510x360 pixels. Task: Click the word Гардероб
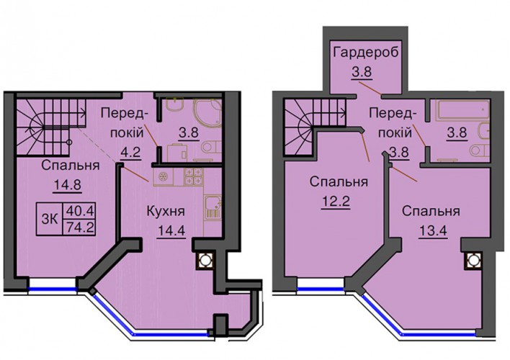366,53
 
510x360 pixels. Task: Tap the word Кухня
166,212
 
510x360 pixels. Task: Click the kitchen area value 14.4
171,231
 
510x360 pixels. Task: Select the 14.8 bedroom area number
67,185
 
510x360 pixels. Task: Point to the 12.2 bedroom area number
336,202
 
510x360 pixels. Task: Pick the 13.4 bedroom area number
433,231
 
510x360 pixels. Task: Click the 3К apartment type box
50,219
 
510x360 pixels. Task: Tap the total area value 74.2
80,228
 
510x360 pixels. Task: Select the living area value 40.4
80,212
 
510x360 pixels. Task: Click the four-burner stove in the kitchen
193,177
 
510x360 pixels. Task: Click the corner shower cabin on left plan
208,111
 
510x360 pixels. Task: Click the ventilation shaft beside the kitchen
205,260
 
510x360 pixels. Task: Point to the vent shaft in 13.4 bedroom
473,260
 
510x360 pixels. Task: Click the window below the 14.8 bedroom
53,288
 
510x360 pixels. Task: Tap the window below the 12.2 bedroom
321,288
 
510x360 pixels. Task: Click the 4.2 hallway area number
130,152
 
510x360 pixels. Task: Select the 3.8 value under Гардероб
362,71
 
